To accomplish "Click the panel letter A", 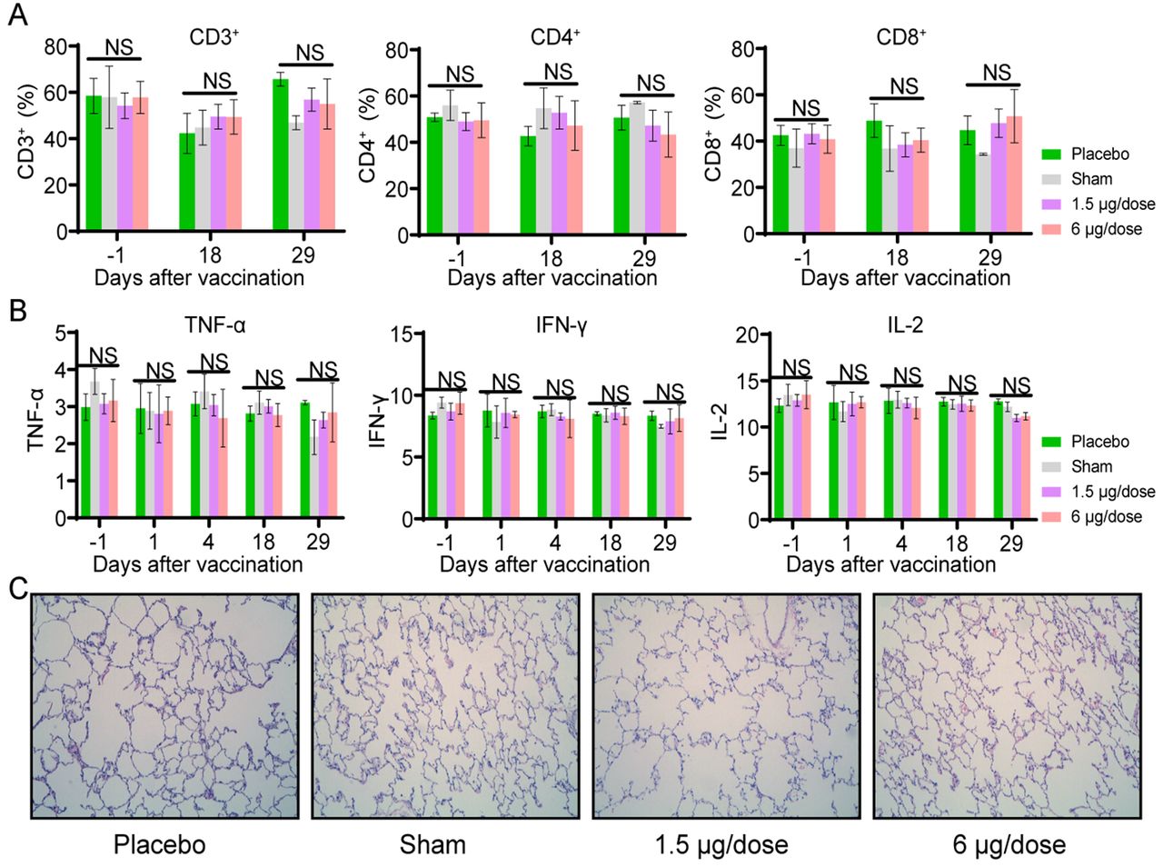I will pos(17,15).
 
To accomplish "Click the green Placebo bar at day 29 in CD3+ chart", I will pos(281,154).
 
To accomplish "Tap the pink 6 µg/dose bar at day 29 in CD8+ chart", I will pos(1014,174).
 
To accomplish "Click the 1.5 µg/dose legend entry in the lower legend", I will pos(1099,492).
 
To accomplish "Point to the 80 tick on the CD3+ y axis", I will pos(56,47).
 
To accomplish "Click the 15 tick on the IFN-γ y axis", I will pos(401,334).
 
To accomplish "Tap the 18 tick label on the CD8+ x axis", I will pos(897,257).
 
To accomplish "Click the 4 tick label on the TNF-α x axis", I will pos(208,542).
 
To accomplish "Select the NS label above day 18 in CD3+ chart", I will pos(217,81).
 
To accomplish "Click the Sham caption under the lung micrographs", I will pos(432,844).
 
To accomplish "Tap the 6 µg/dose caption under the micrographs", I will pos(1009,844).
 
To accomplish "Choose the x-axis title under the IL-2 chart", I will pos(890,564).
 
